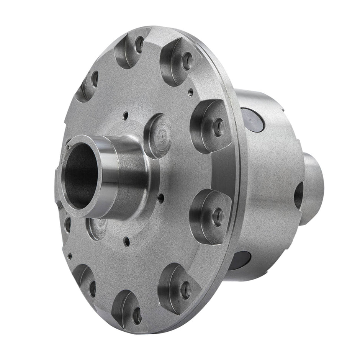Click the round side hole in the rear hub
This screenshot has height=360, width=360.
[299, 195]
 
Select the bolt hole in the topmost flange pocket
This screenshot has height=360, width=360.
[139, 45]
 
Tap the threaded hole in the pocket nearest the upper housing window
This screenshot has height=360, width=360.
[218, 126]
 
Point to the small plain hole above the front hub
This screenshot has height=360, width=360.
[125, 114]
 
